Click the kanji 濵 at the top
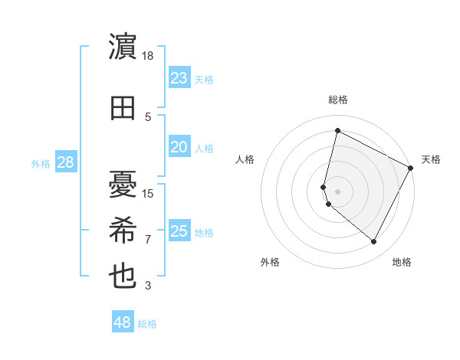tap(123, 47)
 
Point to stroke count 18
tap(148, 56)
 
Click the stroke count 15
tap(148, 194)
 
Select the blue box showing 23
tap(179, 78)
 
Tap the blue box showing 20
tap(179, 147)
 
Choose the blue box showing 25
tap(179, 231)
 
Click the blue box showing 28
tap(65, 162)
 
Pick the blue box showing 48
tap(122, 322)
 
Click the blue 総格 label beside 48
tap(147, 324)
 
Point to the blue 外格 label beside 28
tap(41, 163)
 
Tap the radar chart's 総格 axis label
tap(337, 100)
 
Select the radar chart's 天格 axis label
tap(431, 159)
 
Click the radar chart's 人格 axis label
tap(245, 159)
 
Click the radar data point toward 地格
tap(373, 242)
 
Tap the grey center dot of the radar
tap(337, 190)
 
